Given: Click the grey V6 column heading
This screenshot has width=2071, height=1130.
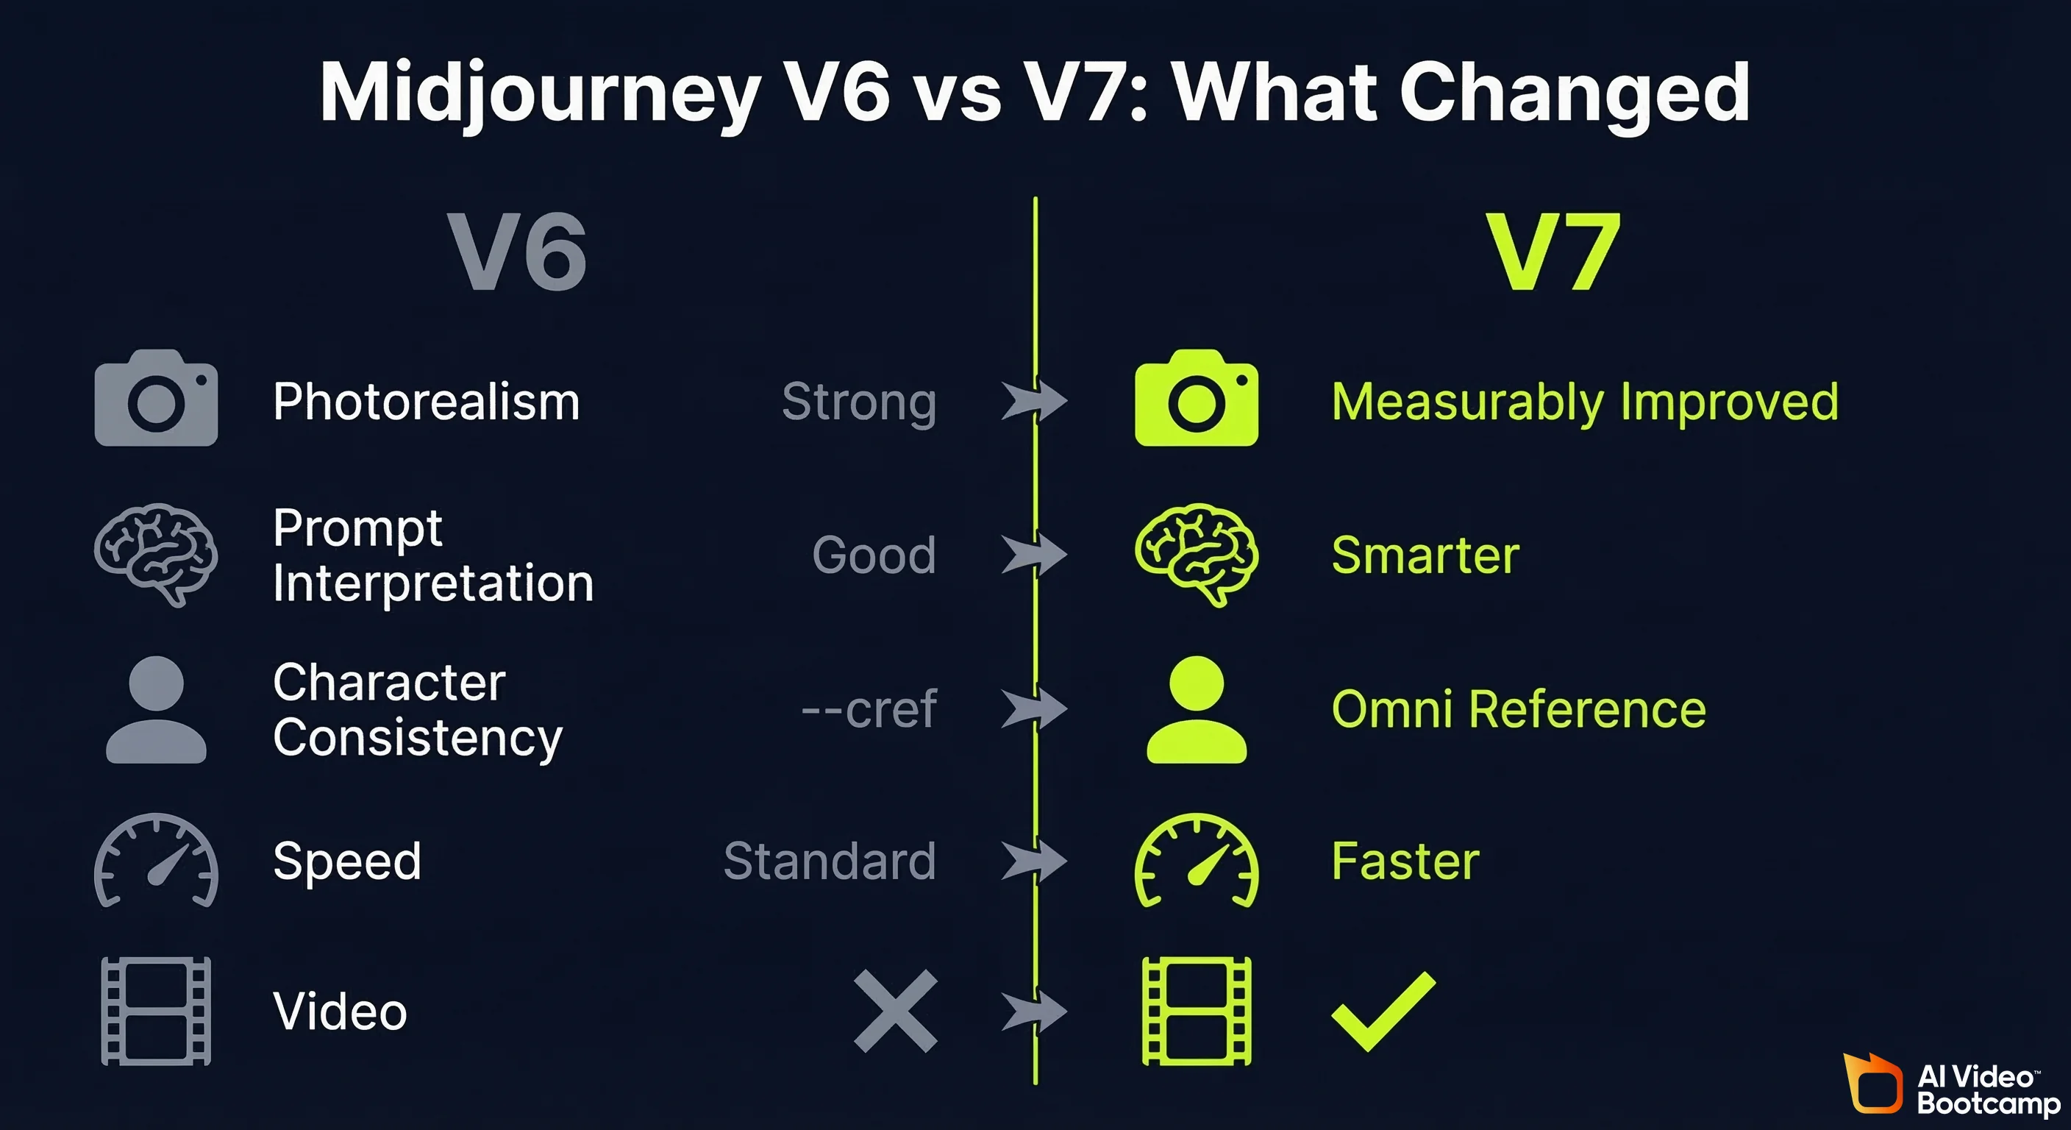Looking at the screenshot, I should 517,252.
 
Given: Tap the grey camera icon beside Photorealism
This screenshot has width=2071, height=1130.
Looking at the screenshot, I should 156,398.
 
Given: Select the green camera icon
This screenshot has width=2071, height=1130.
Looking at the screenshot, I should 1197,398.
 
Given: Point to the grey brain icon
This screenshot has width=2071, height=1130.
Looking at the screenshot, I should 156,554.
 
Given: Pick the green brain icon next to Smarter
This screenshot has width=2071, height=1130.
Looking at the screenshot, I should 1197,554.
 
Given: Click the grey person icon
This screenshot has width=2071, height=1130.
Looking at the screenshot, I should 156,709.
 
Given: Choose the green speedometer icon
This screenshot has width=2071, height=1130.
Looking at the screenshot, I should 1197,861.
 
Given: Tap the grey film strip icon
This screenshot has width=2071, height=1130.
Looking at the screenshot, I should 156,1011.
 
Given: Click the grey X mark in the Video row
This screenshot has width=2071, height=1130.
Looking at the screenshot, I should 895,1011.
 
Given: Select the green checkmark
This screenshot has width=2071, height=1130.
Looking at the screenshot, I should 1383,1011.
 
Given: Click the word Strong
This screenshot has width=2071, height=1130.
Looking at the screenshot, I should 859,402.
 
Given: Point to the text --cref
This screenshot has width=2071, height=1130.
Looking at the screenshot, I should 869,709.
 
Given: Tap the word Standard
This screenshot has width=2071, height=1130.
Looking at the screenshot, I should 830,861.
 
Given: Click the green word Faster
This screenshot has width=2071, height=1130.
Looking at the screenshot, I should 1405,861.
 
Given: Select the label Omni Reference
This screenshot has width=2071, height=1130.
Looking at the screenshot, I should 1519,709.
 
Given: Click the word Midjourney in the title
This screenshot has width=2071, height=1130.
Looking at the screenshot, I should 541,93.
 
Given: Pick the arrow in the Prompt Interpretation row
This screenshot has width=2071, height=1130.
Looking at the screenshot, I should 1034,554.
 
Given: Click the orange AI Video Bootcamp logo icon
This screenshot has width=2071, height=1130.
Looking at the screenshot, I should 1873,1084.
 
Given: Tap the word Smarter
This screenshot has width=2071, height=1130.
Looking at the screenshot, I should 1425,555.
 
